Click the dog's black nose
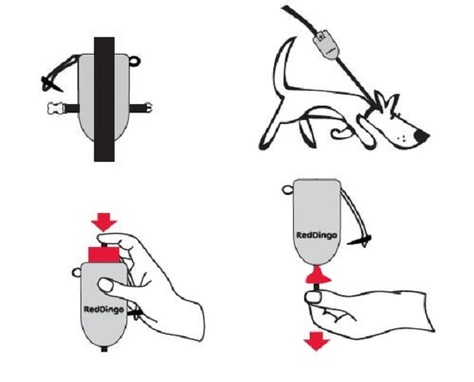point(421,137)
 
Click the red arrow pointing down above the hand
point(104,222)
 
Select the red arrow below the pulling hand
point(317,341)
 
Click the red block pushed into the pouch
point(103,255)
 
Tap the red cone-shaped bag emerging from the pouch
point(317,275)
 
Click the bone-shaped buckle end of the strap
point(55,108)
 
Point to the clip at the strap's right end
point(149,108)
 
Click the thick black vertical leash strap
point(104,99)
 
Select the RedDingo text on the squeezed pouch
point(103,309)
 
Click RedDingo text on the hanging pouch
point(317,235)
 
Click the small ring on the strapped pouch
point(135,61)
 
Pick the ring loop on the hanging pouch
point(288,190)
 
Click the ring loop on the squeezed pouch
point(77,272)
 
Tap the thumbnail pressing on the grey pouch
point(106,285)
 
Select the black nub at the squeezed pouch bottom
point(104,349)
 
